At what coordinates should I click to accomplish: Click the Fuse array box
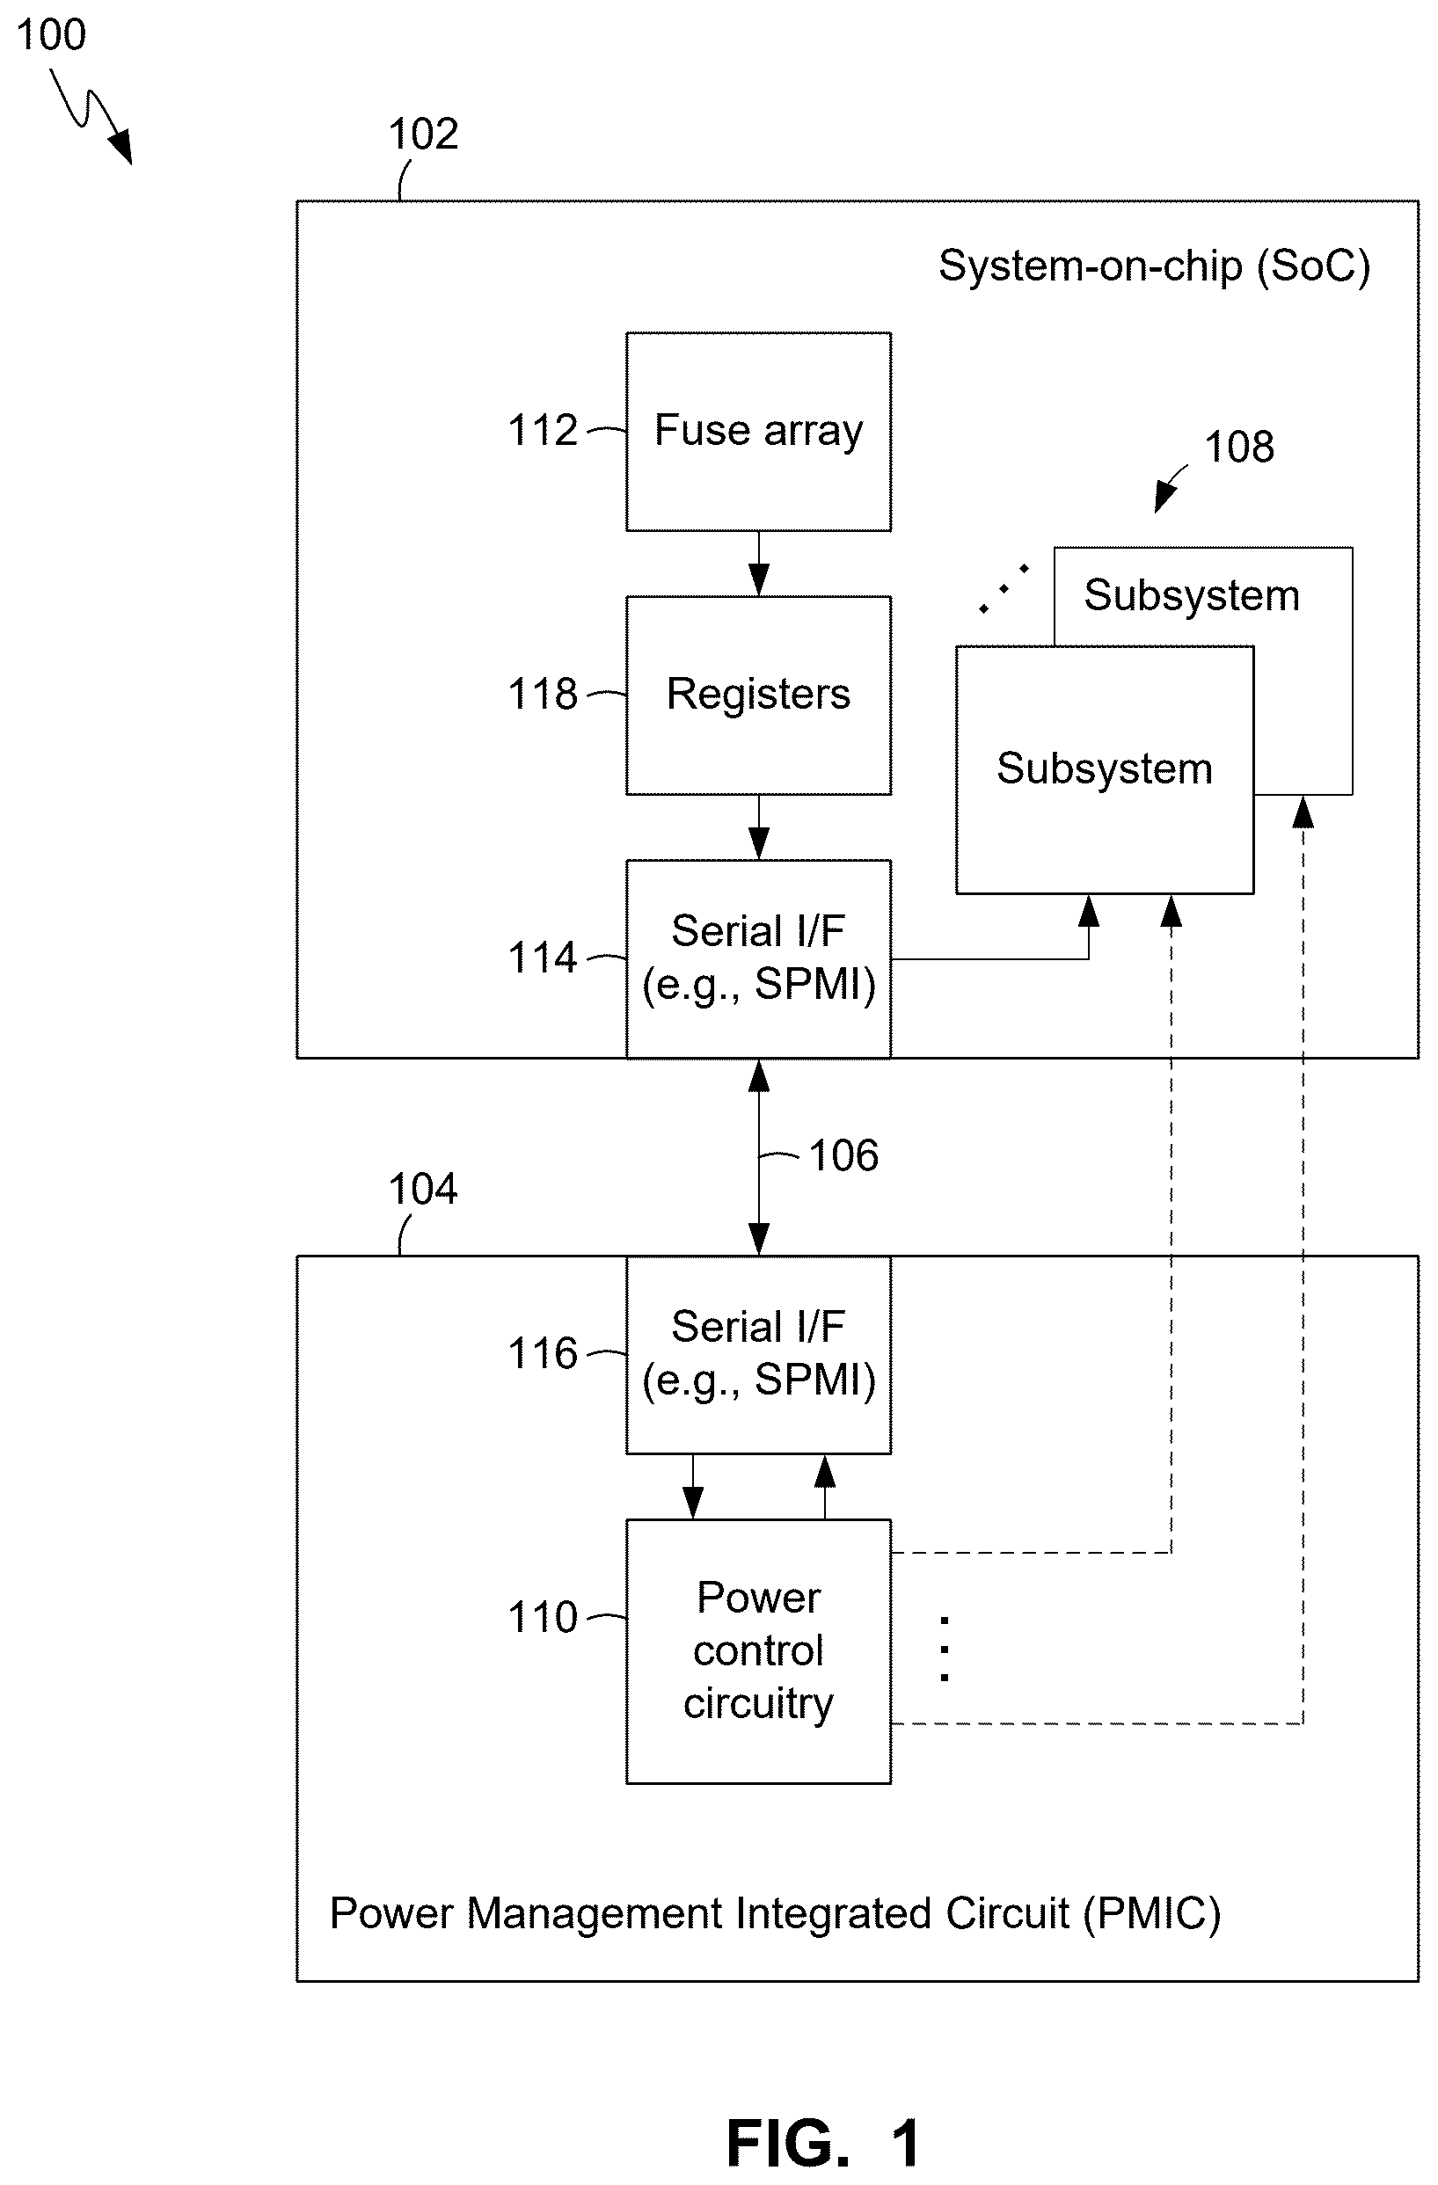(758, 432)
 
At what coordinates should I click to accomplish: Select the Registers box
(758, 695)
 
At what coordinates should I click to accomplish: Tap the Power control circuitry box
(758, 1651)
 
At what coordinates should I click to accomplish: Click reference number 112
(543, 430)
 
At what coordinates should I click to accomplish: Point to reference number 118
(543, 694)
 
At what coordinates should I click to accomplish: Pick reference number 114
(543, 958)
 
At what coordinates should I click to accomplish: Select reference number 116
(543, 1353)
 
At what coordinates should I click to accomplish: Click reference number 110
(543, 1617)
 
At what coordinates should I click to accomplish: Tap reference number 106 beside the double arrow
(843, 1155)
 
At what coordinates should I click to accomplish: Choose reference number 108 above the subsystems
(1238, 447)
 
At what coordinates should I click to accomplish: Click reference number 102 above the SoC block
(423, 134)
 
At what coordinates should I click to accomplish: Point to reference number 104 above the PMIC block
(423, 1189)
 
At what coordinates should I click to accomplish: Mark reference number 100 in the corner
(51, 35)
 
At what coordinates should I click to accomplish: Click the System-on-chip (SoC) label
(1154, 267)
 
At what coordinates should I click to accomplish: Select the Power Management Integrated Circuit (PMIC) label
(775, 1915)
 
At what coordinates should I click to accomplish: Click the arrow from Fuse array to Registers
(759, 564)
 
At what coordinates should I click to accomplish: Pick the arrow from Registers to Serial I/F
(759, 827)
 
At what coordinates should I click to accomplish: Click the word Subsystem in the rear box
(1192, 595)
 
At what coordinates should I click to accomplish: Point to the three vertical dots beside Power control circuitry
(945, 1649)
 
